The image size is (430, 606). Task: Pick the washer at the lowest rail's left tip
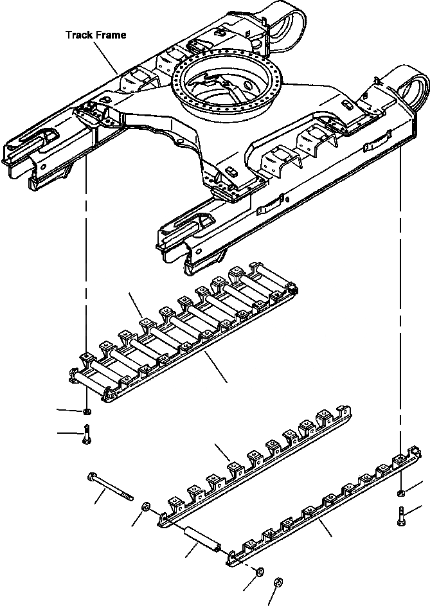tap(261, 571)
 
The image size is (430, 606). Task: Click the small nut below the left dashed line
tap(86, 411)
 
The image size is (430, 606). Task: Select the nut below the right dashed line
tap(400, 494)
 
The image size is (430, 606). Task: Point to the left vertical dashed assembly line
tap(86, 257)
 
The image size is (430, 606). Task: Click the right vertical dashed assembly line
tap(400, 289)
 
